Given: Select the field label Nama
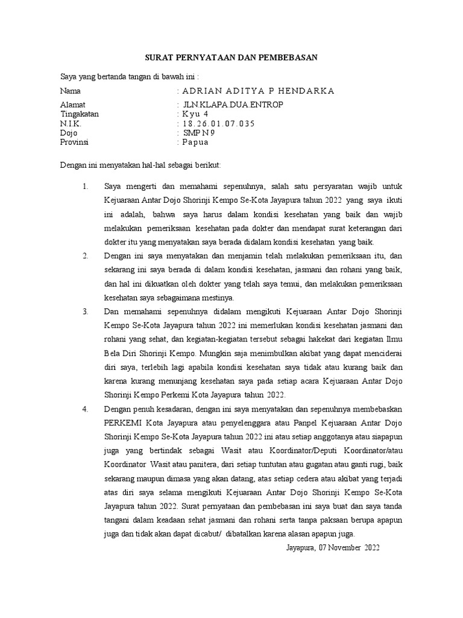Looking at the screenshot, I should [71, 91].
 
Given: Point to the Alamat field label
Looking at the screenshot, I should [73, 105].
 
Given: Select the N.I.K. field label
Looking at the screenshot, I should [71, 124].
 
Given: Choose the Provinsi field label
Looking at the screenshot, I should [75, 142].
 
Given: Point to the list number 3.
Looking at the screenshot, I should [86, 312].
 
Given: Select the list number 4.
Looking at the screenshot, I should [86, 409].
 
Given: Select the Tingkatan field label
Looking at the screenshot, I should [80, 114].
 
